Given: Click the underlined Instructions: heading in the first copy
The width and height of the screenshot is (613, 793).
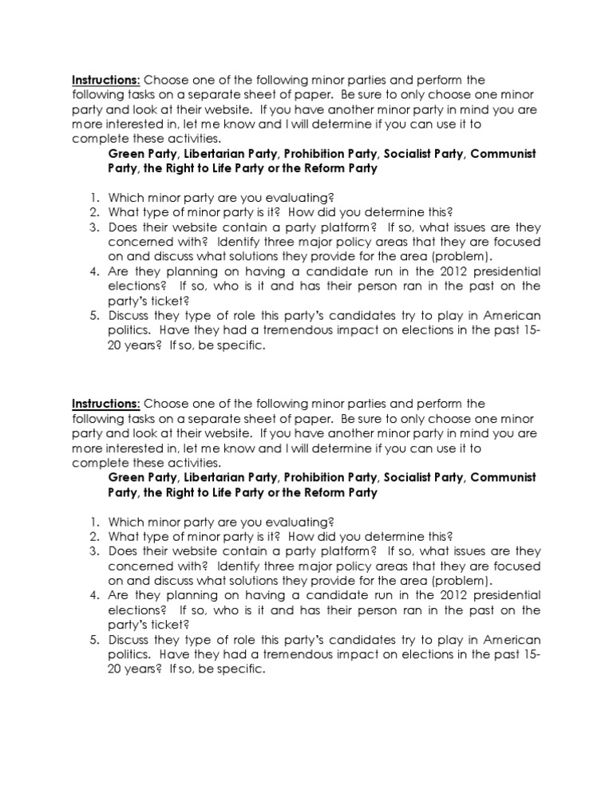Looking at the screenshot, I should (x=106, y=81).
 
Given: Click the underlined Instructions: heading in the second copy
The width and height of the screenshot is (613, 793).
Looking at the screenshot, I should (x=106, y=404).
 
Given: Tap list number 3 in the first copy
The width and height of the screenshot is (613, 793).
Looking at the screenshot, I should (x=93, y=227).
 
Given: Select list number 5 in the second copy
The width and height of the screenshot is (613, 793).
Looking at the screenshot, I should (x=93, y=640).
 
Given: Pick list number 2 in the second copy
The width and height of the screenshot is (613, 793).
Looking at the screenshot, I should (x=93, y=536).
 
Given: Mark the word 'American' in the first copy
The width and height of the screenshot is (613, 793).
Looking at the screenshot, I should (x=512, y=316).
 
